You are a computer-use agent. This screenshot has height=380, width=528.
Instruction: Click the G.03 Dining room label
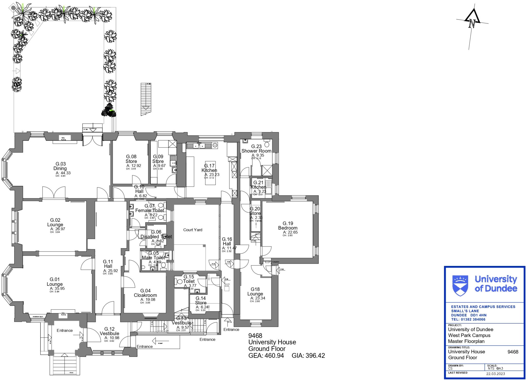[61, 166]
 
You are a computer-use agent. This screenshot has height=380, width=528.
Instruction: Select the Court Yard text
[193, 230]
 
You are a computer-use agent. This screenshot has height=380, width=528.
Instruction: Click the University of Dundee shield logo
[460, 286]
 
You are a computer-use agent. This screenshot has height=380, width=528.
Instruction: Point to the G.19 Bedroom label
[288, 226]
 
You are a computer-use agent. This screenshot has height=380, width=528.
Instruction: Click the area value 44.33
[65, 173]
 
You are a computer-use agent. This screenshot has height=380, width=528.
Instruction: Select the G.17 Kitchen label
[209, 168]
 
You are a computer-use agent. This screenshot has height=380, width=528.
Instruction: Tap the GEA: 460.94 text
[266, 356]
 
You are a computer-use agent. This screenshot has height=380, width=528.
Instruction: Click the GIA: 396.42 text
[308, 356]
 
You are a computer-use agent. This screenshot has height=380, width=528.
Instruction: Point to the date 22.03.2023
[496, 374]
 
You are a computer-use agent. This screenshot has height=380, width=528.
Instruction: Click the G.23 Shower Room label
[256, 149]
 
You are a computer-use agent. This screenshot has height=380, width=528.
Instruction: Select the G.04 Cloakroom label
[145, 293]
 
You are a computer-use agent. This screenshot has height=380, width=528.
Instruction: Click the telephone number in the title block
[468, 319]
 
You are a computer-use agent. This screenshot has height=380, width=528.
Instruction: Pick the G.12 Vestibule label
[110, 331]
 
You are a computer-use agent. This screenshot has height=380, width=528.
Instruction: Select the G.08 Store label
[131, 159]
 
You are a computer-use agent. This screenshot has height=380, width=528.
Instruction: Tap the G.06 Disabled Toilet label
[156, 234]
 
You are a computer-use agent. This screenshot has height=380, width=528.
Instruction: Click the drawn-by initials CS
[450, 368]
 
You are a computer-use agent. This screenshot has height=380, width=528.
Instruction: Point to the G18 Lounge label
[255, 291]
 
